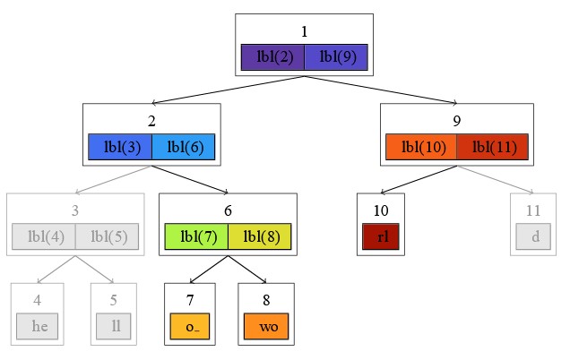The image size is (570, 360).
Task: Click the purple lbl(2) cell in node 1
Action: [272, 57]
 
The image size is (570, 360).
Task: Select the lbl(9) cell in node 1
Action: [336, 57]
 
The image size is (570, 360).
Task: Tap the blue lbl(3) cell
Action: [120, 147]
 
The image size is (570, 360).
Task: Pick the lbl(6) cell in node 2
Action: [184, 147]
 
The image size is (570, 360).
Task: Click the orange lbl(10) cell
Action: [420, 147]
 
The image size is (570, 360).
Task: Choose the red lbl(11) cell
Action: [492, 147]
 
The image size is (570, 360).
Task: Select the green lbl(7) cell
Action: [196, 236]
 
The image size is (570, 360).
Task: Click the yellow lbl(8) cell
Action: [260, 236]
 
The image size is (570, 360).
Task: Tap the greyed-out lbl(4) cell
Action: [43, 236]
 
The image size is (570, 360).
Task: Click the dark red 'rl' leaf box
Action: [381, 236]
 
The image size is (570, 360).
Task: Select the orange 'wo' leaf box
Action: [267, 326]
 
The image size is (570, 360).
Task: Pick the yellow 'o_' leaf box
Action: [192, 326]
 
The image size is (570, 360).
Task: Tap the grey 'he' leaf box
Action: [39, 326]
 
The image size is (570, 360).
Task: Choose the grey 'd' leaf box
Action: [535, 236]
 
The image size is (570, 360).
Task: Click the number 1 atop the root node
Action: [304, 31]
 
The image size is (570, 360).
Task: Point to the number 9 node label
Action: [456, 120]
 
